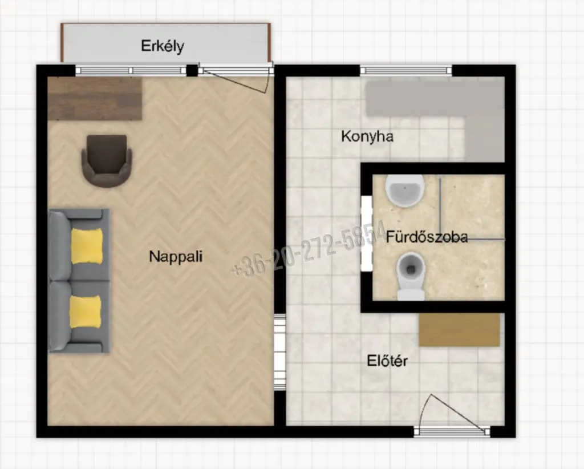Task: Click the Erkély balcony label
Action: point(163,46)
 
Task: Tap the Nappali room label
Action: point(176,256)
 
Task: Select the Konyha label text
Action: point(367,136)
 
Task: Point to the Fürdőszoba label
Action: point(427,237)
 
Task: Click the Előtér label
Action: point(387,361)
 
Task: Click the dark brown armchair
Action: point(107,160)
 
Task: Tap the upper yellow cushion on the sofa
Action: point(87,246)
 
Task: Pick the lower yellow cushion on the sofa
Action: point(86,312)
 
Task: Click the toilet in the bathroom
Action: point(411,276)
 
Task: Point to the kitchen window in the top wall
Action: point(406,70)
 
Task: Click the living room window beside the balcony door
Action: point(131,70)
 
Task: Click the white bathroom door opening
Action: point(367,233)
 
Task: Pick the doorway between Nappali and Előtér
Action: point(279,352)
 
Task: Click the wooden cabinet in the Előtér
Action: point(459,330)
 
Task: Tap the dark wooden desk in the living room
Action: point(95,99)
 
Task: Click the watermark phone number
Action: point(309,249)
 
